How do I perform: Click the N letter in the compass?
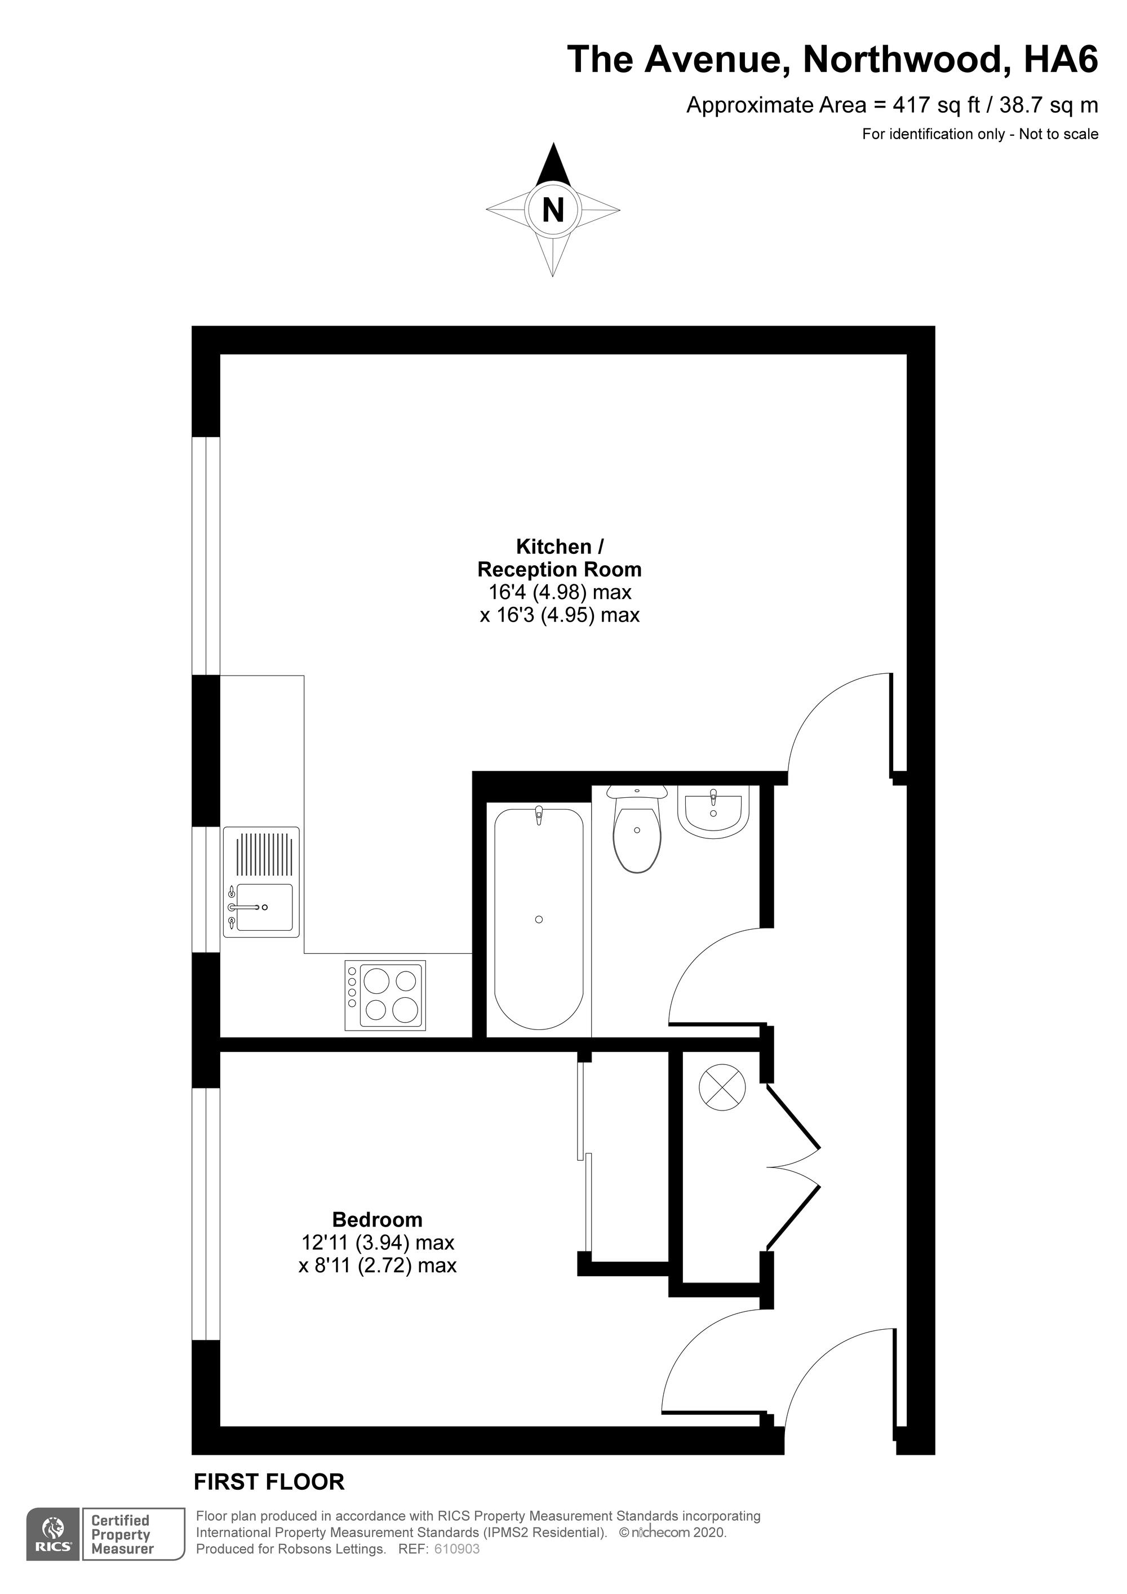pyautogui.click(x=553, y=209)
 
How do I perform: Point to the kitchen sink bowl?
pyautogui.click(x=264, y=907)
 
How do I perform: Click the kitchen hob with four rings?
pyautogui.click(x=385, y=996)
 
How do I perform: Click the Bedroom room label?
pyautogui.click(x=377, y=1219)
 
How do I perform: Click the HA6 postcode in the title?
pyautogui.click(x=1061, y=59)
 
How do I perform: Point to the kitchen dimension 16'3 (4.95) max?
pyautogui.click(x=560, y=615)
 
